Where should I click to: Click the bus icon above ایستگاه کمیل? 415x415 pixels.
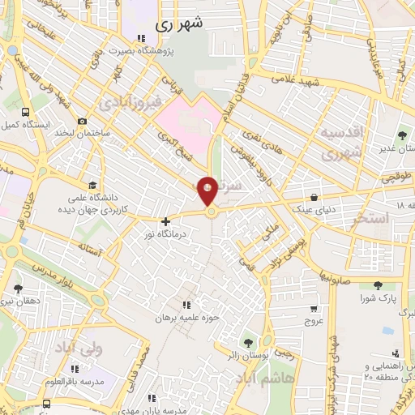27,112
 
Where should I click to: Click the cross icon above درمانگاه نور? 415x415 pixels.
165,221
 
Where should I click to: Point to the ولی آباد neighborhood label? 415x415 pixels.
75,346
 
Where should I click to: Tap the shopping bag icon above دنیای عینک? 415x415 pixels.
314,197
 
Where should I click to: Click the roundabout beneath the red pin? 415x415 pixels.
211,212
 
